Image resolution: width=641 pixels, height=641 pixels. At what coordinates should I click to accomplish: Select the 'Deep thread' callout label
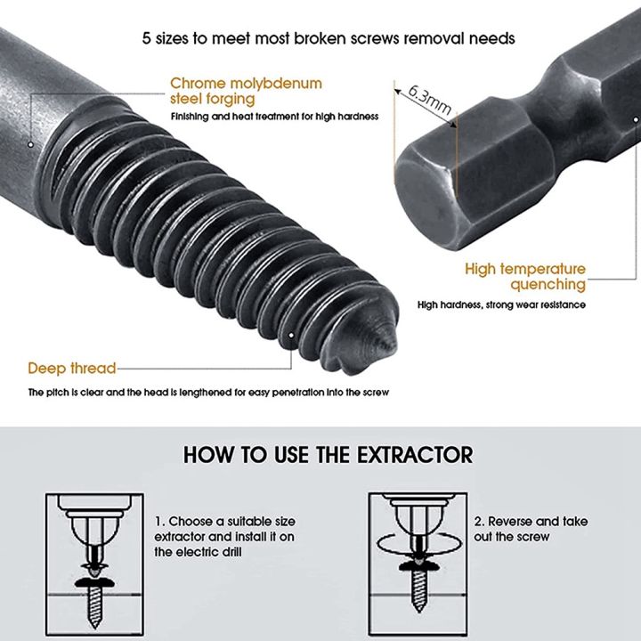pos(71,368)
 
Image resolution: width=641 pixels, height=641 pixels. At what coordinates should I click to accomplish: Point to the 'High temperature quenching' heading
pos(525,276)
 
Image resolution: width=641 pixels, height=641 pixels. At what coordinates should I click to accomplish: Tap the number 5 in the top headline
pos(147,38)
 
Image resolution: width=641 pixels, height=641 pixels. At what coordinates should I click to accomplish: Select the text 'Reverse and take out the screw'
pos(530,529)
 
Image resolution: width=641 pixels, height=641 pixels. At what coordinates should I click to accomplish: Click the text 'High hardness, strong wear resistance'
pos(501,304)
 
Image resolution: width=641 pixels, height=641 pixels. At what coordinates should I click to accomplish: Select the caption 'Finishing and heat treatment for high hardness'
pos(275,117)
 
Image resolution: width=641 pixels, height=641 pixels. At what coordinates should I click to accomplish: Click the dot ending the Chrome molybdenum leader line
pos(29,143)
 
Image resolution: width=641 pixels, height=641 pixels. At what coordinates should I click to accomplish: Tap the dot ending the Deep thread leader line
pos(290,336)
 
